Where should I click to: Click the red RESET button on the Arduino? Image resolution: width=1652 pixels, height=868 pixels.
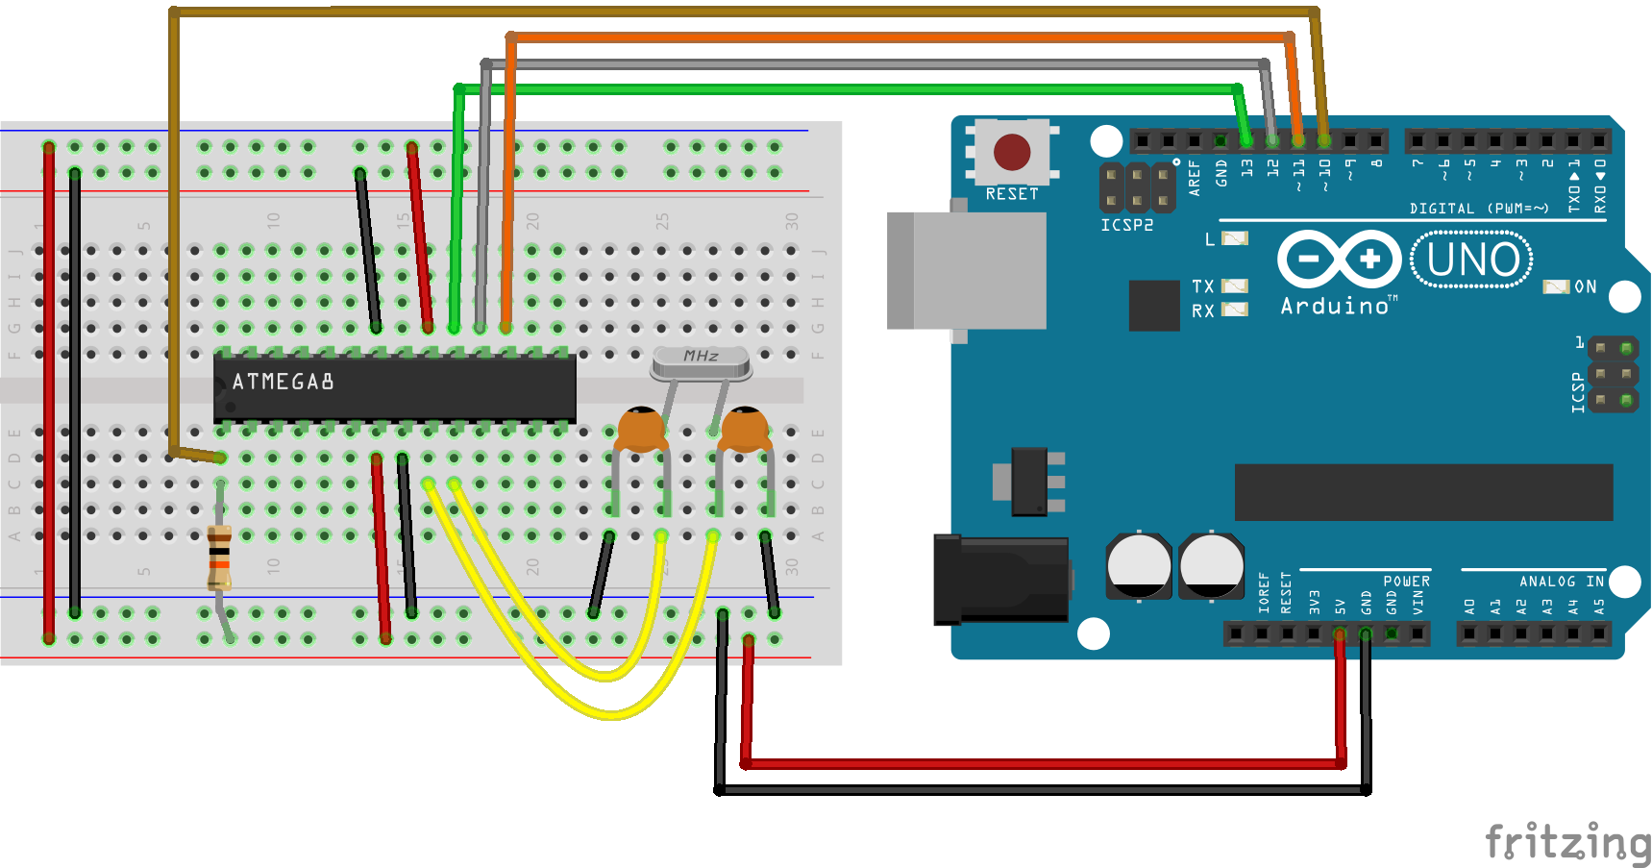click(x=1012, y=152)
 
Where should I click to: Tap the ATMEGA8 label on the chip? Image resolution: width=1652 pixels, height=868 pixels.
click(x=283, y=382)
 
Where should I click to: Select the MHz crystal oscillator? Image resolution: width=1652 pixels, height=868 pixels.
click(x=701, y=361)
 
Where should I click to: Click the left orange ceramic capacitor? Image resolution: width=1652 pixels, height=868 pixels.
click(x=641, y=430)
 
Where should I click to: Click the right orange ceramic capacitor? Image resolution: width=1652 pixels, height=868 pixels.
click(x=744, y=430)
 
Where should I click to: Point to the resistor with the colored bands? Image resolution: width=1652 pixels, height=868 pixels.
click(x=220, y=557)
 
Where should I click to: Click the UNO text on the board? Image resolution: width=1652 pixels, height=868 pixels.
click(x=1472, y=260)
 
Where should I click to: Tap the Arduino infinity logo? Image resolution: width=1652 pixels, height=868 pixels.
click(x=1339, y=259)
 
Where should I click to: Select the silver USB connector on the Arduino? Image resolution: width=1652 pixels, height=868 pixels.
click(x=966, y=271)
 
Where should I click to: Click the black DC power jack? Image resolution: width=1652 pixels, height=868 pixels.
click(x=1001, y=580)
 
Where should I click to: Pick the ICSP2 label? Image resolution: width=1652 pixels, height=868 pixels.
click(x=1126, y=225)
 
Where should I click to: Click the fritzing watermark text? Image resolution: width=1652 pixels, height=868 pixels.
click(x=1566, y=841)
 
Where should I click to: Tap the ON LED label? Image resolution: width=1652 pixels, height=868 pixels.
click(x=1585, y=286)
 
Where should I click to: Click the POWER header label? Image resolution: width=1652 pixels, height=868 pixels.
click(x=1406, y=582)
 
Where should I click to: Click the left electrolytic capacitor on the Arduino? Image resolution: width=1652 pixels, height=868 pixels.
click(x=1139, y=565)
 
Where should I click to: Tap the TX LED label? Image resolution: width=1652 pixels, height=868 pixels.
click(x=1202, y=286)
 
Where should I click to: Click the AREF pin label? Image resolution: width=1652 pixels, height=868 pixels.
click(x=1195, y=178)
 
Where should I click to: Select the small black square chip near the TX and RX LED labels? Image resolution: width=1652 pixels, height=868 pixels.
click(x=1153, y=306)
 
